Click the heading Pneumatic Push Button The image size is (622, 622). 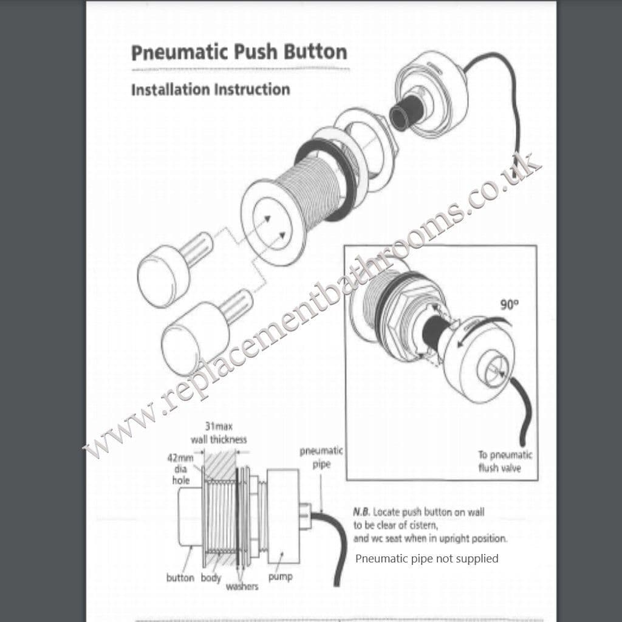[239, 52]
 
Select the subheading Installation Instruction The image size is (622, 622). [210, 90]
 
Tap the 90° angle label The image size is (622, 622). [509, 305]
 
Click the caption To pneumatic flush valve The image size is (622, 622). [505, 461]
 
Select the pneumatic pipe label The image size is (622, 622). [321, 457]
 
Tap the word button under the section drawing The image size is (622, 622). [180, 578]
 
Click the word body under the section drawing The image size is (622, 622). [211, 578]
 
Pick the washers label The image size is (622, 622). [242, 586]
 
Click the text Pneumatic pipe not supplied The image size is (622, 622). [426, 558]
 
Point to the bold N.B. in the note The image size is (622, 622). [361, 512]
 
